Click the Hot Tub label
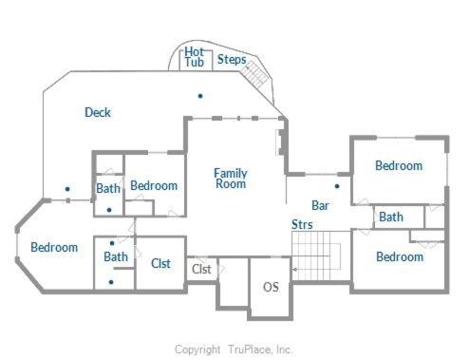point(195,57)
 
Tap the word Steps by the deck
point(232,60)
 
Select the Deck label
point(98,112)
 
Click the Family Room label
point(231,179)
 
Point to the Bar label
point(320,205)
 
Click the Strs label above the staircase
point(302,224)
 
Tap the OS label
point(271,287)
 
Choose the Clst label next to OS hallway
point(201,269)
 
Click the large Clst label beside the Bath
point(160,263)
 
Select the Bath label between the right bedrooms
point(391,218)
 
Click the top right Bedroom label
point(399,165)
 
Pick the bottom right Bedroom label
point(400,256)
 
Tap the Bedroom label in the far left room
point(54,247)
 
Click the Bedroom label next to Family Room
point(154,186)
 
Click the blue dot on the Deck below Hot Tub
point(200,96)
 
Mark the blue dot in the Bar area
point(337,186)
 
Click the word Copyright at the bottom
point(197,350)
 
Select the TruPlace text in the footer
point(251,350)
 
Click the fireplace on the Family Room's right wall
point(281,142)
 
